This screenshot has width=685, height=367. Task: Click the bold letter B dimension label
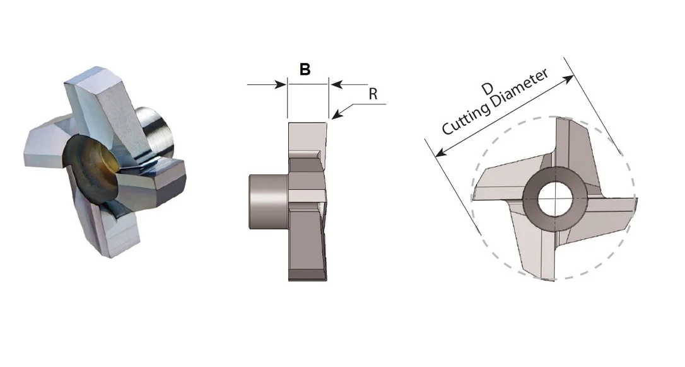click(305, 69)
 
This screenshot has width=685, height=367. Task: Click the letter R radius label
click(373, 94)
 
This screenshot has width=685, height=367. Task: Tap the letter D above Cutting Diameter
click(487, 89)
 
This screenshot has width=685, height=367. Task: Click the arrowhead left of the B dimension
click(280, 84)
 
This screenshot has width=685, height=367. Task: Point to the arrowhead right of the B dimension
click(336, 84)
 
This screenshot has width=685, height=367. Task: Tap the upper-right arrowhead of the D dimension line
click(568, 79)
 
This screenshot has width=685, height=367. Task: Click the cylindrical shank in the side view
click(268, 201)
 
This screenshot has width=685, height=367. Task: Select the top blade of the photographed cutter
click(105, 104)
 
